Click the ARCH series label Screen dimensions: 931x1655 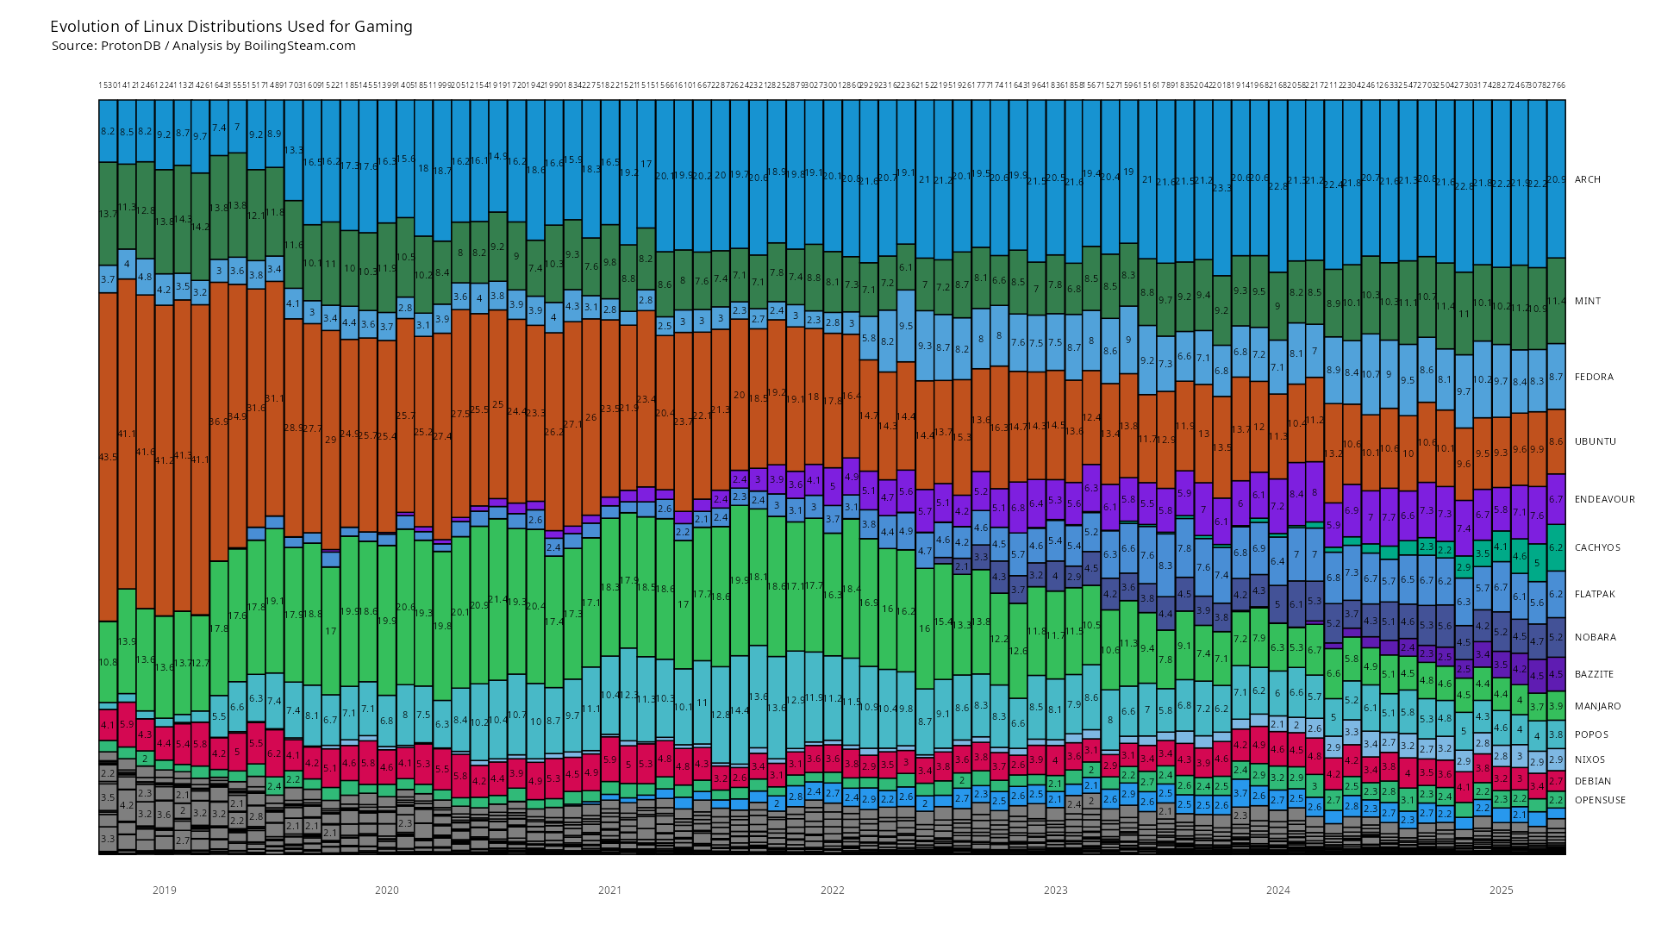[x=1587, y=179]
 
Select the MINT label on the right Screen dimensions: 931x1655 [x=1587, y=301]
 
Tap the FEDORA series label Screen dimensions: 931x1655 [x=1593, y=377]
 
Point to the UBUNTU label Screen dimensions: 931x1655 [x=1595, y=441]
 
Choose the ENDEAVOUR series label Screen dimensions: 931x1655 [x=1604, y=499]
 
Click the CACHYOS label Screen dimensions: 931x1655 [x=1597, y=547]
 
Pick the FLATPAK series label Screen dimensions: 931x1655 [x=1595, y=594]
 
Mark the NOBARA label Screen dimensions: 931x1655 [x=1595, y=637]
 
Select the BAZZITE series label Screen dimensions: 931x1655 [x=1594, y=674]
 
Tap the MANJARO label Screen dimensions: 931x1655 [x=1597, y=706]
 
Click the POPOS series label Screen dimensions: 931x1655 [x=1591, y=734]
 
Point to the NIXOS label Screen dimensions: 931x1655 [x=1589, y=759]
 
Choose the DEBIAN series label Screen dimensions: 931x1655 [x=1593, y=781]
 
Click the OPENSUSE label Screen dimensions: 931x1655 [x=1600, y=800]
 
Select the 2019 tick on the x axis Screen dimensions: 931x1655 [x=164, y=890]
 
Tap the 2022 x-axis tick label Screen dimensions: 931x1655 [x=833, y=890]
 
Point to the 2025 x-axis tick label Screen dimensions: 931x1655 [x=1501, y=890]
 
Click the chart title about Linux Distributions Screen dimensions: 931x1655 [x=231, y=27]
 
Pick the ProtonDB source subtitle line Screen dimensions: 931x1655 [x=203, y=47]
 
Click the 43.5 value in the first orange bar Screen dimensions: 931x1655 [x=108, y=457]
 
